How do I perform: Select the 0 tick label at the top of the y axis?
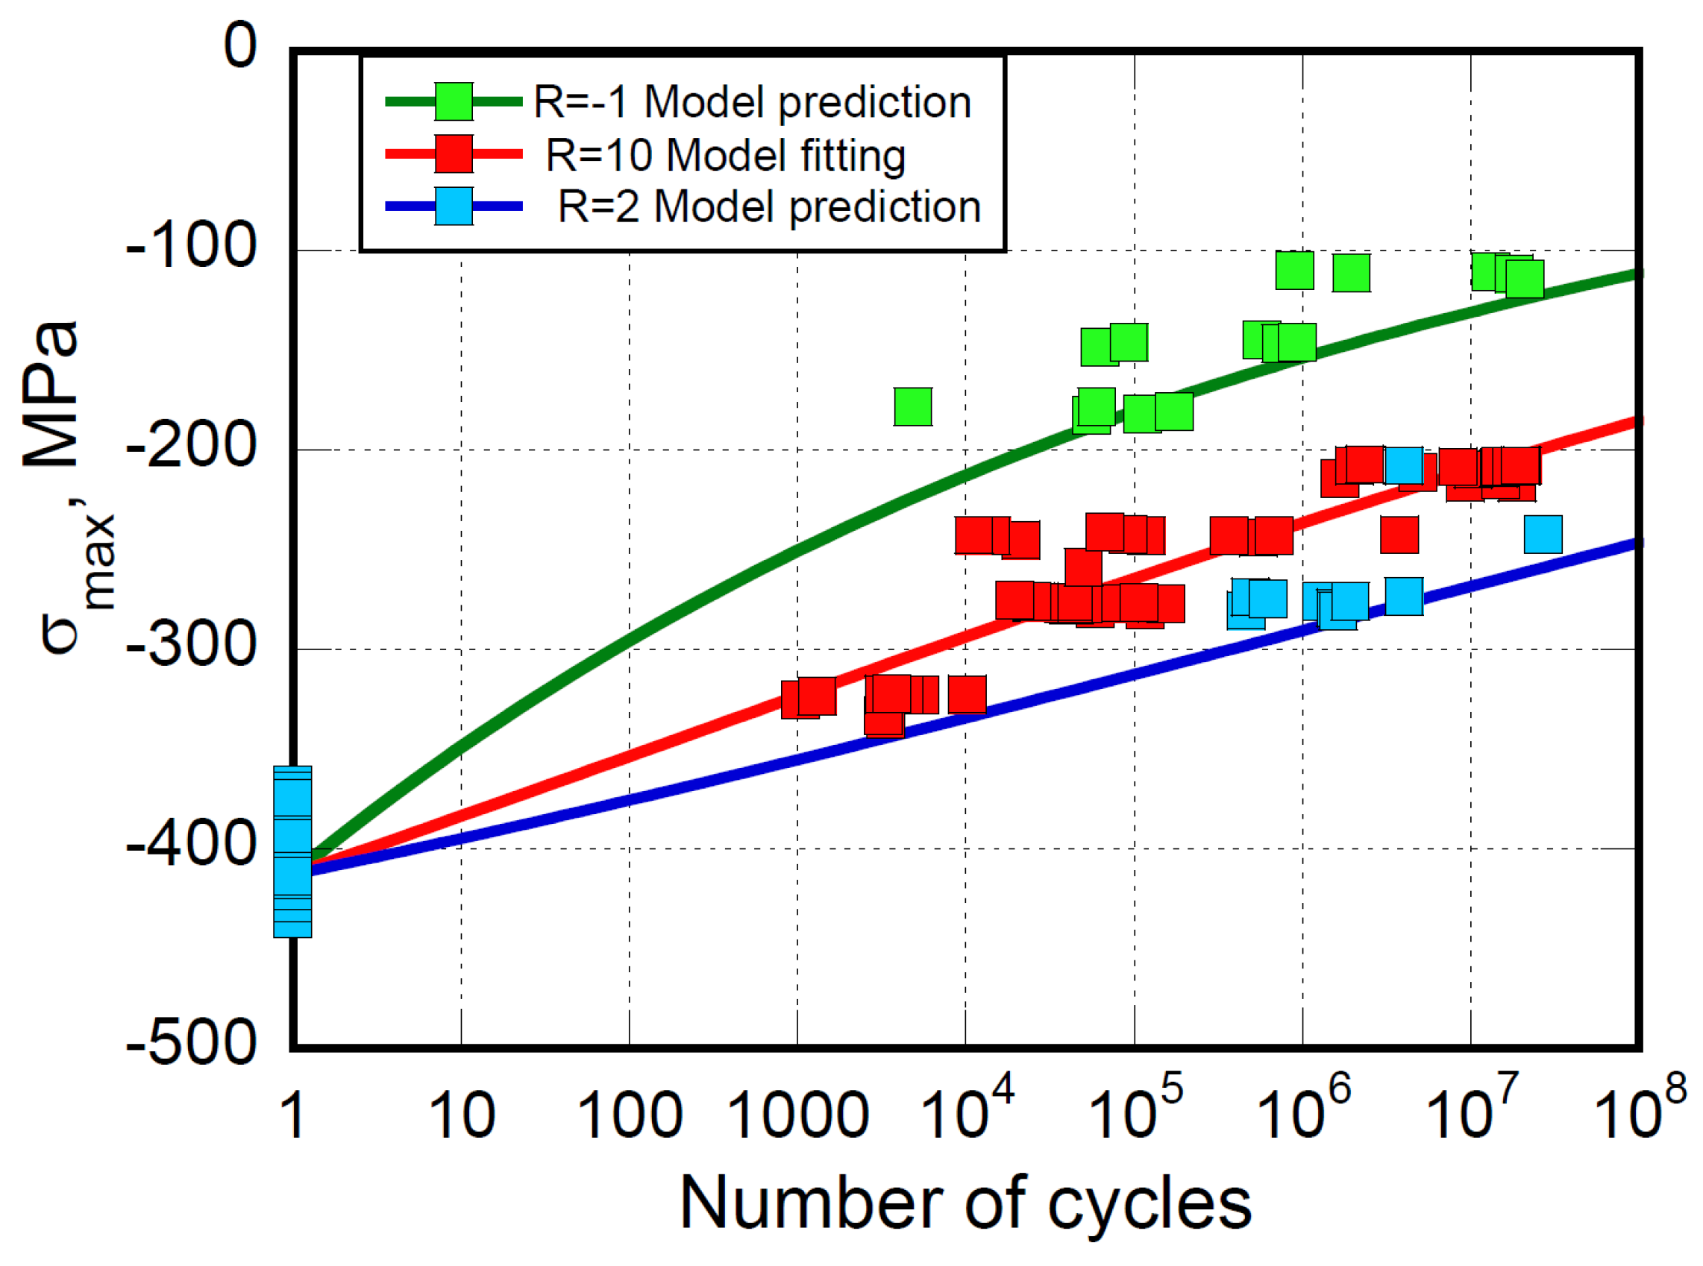[x=240, y=46]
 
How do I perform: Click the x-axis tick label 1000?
[x=797, y=1116]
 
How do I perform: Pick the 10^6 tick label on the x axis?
[x=1302, y=1108]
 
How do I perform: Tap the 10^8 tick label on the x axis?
[x=1640, y=1108]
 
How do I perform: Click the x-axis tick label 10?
[x=461, y=1116]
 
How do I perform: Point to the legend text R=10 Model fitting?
[x=725, y=155]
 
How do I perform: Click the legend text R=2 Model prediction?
[x=769, y=207]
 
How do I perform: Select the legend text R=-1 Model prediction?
[x=752, y=102]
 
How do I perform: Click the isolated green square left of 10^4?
[x=912, y=406]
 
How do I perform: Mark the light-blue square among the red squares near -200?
[x=1403, y=465]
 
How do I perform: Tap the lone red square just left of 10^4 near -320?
[x=967, y=694]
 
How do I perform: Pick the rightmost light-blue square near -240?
[x=1543, y=534]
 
